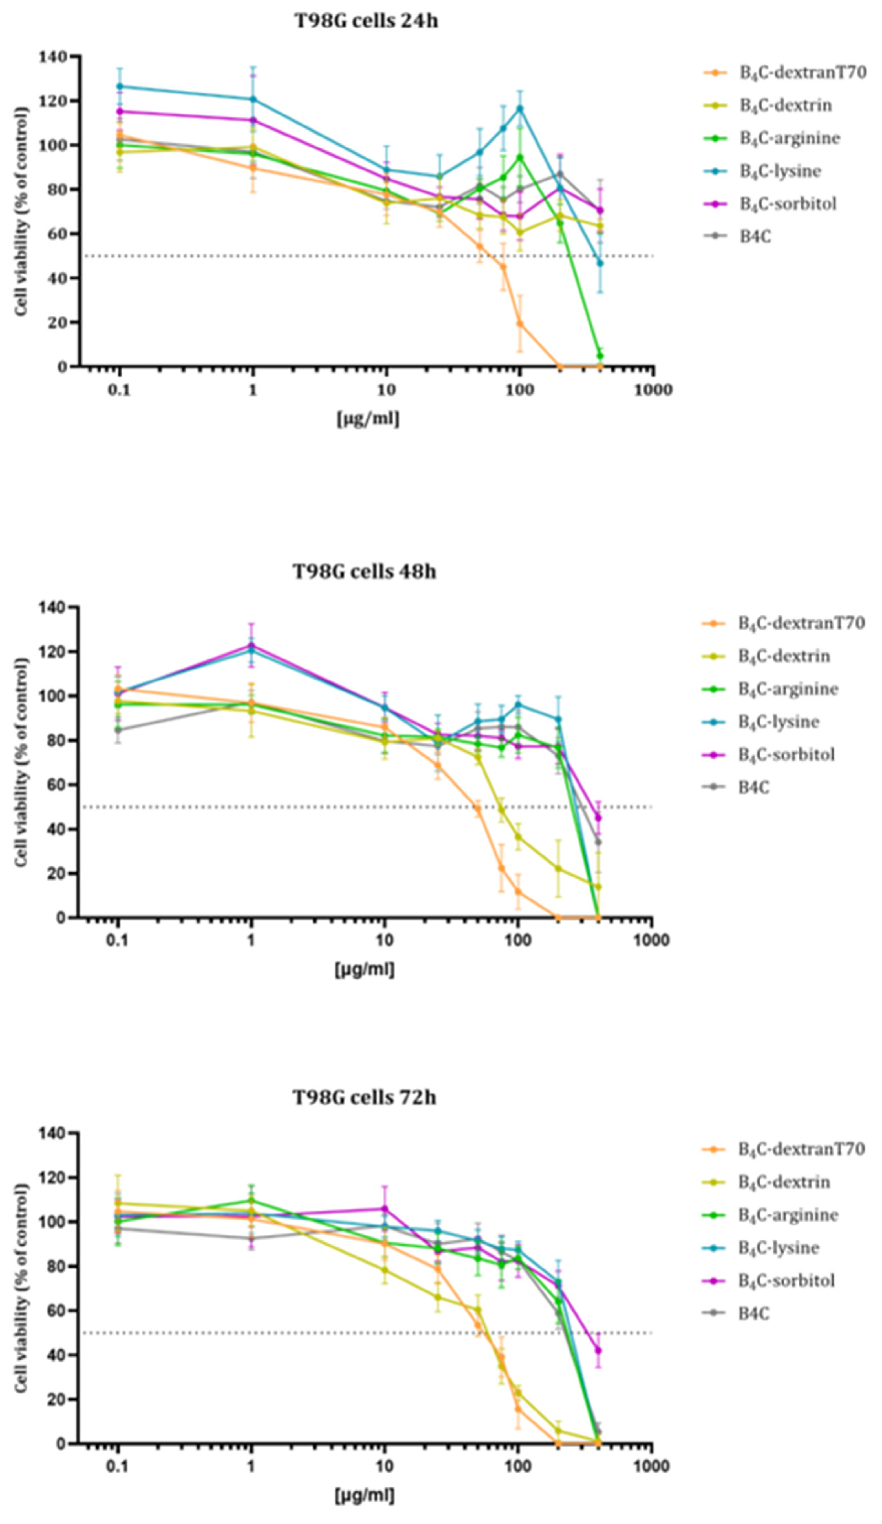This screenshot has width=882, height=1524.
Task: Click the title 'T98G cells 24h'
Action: pyautogui.click(x=366, y=21)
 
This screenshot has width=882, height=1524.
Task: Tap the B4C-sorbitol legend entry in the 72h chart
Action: pyautogui.click(x=786, y=1280)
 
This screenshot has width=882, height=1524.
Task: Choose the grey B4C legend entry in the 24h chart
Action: pyautogui.click(x=755, y=236)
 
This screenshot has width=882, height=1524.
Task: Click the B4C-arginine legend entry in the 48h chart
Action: pyautogui.click(x=788, y=689)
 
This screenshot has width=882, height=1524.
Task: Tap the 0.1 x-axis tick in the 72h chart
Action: pyautogui.click(x=117, y=1466)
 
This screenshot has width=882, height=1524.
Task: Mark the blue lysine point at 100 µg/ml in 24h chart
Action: pyautogui.click(x=519, y=108)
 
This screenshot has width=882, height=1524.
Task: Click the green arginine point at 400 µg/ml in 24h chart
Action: pyautogui.click(x=600, y=355)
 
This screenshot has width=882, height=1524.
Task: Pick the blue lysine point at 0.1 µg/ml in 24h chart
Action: pyautogui.click(x=120, y=86)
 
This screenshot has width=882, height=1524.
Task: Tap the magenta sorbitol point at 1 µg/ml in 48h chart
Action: pyautogui.click(x=251, y=645)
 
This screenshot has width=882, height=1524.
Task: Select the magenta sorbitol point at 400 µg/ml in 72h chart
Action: pyautogui.click(x=599, y=1350)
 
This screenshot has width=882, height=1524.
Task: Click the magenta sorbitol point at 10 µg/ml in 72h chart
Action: pyautogui.click(x=385, y=1208)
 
